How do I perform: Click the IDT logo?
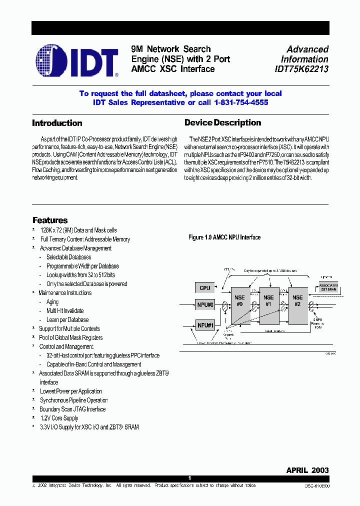coord(77,60)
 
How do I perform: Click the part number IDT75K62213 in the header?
coord(301,69)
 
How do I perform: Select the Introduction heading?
coord(57,123)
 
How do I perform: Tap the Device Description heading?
coord(222,122)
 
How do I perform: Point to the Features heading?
coord(50,220)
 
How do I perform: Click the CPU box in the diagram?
coord(204,288)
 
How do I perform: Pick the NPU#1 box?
coord(204,325)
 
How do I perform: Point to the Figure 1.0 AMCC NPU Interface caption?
coord(224,237)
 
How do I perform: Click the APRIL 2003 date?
coord(307,470)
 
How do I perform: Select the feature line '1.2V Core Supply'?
coord(59,418)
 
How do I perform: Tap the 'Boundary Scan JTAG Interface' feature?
coord(72,409)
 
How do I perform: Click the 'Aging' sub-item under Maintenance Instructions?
coord(52,302)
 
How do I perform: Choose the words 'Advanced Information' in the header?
coord(306,54)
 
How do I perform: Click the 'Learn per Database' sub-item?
coord(67,320)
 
